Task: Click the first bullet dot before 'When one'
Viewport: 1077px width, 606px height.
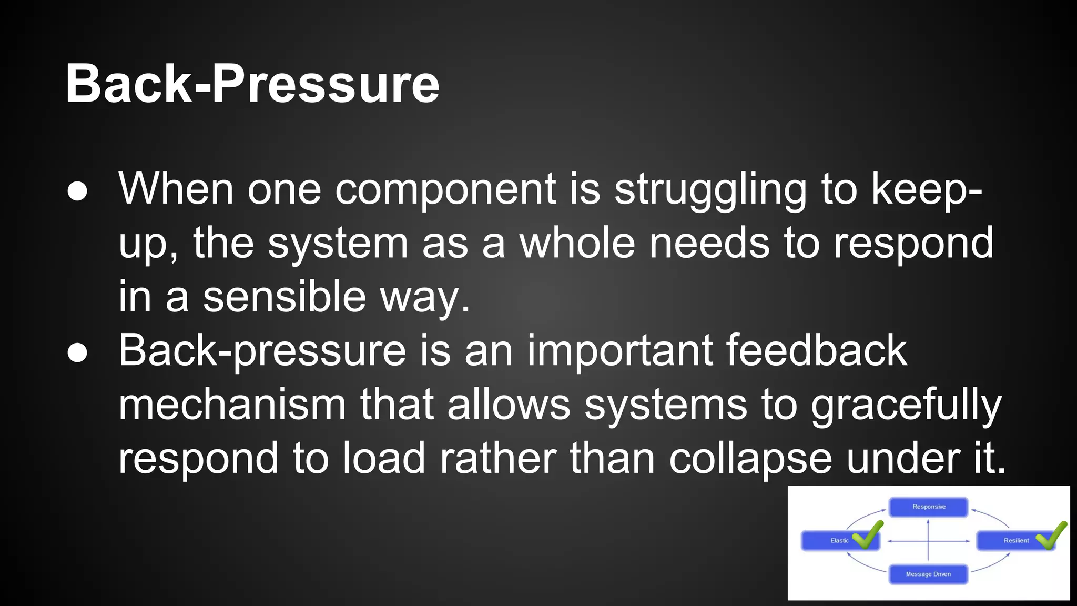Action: coord(77,191)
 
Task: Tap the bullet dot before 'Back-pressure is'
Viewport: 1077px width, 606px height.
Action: coord(77,353)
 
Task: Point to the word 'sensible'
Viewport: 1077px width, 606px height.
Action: coord(285,297)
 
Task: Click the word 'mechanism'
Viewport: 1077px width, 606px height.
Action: coord(232,405)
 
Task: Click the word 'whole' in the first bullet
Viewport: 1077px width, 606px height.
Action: coord(577,243)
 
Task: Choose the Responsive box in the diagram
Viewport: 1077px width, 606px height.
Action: coord(928,507)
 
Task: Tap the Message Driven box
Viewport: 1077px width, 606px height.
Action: coord(928,574)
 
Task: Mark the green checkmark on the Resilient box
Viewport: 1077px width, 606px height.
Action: coord(1051,535)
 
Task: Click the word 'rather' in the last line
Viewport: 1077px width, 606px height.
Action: coord(497,459)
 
